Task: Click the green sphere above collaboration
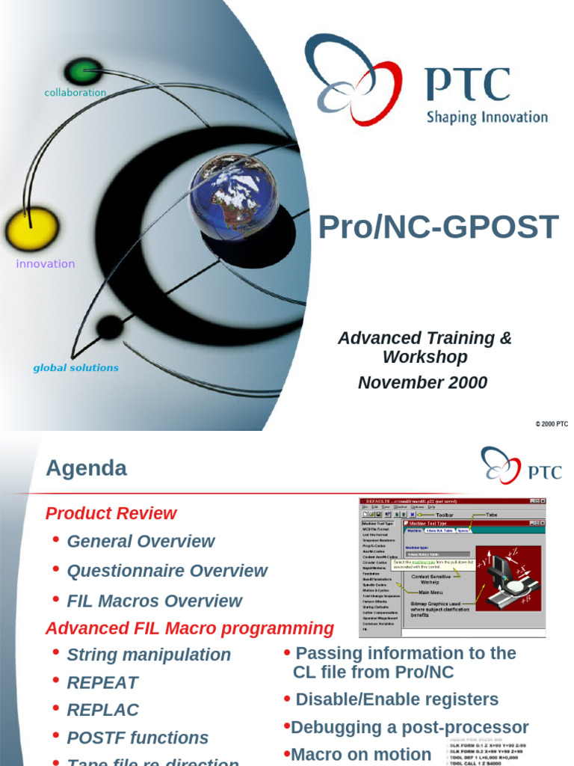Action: coord(82,72)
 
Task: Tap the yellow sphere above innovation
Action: coord(31,230)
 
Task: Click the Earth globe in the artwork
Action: coord(233,196)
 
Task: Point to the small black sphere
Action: coord(109,327)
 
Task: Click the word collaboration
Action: coord(75,93)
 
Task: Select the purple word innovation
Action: coord(46,263)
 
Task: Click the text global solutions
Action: coord(75,367)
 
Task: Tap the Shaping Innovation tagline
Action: coord(487,117)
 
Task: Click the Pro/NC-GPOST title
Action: coord(438,227)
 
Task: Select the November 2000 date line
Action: coord(422,383)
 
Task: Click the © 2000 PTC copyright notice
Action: coord(552,424)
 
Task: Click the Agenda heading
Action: coord(86,468)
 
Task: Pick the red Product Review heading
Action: coord(111,513)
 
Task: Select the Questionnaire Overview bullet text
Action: coord(167,571)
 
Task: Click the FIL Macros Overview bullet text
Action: coord(154,601)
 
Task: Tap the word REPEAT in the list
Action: coord(102,682)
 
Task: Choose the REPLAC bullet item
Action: coord(102,710)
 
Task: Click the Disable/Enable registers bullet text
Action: coord(396,699)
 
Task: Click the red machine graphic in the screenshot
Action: coord(508,578)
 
